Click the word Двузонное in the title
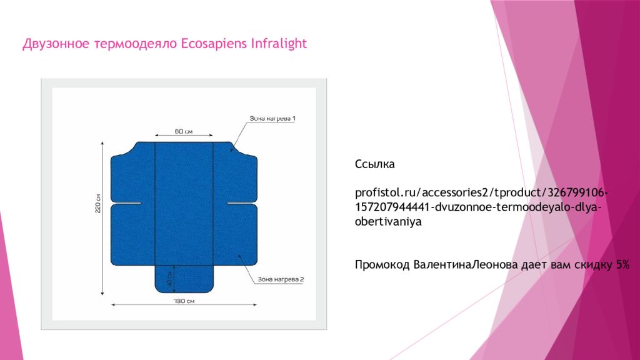tap(56, 43)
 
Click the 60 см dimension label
tap(184, 131)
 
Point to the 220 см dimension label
tap(98, 203)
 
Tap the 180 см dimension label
tap(184, 301)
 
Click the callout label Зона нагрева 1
tap(272, 118)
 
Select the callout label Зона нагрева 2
tap(281, 279)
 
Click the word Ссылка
tap(375, 164)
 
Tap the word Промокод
tap(382, 265)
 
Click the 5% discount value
tap(623, 264)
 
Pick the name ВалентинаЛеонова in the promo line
tap(465, 264)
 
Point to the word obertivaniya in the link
tap(388, 222)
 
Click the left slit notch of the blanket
tap(126, 203)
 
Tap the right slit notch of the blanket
tap(242, 203)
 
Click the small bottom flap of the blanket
tap(184, 279)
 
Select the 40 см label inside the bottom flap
tap(169, 279)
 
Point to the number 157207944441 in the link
tap(392, 207)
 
